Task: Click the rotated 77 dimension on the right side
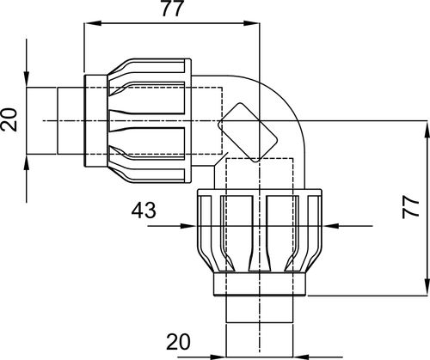(410, 208)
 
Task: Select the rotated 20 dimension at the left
(9, 119)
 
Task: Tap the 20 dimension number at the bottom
(178, 342)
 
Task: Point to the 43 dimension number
(144, 211)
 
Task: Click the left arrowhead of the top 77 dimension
(93, 23)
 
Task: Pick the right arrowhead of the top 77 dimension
(251, 23)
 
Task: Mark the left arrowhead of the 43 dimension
(188, 226)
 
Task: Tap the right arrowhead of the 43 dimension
(331, 226)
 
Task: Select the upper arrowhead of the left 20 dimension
(27, 78)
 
